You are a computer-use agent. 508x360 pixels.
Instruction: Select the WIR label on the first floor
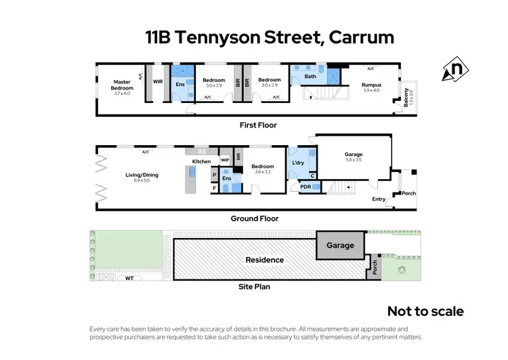[x=158, y=82]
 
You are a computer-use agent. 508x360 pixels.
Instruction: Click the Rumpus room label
[x=371, y=85]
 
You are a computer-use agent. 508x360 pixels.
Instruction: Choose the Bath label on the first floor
[x=310, y=77]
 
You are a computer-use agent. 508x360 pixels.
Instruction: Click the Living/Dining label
[x=142, y=175]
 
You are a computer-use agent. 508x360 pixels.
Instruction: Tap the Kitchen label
[x=202, y=161]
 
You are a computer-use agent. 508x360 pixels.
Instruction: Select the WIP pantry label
[x=225, y=161]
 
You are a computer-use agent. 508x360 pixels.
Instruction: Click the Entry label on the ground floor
[x=379, y=199]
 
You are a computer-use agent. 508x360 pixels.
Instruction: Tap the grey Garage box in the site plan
[x=341, y=245]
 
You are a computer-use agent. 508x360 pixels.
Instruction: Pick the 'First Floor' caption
[x=258, y=125]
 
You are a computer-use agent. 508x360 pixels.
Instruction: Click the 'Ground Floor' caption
[x=255, y=219]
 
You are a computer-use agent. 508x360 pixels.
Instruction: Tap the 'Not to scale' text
[x=425, y=311]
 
